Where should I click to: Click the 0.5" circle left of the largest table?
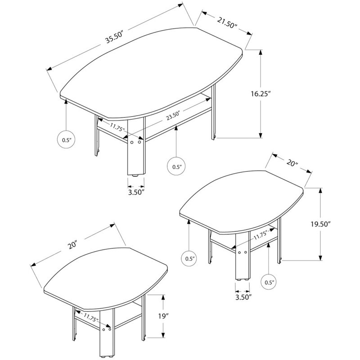66,139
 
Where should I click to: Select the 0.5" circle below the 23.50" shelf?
176,166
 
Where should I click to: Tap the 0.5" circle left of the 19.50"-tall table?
189,258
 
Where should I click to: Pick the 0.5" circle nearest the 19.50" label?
270,282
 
